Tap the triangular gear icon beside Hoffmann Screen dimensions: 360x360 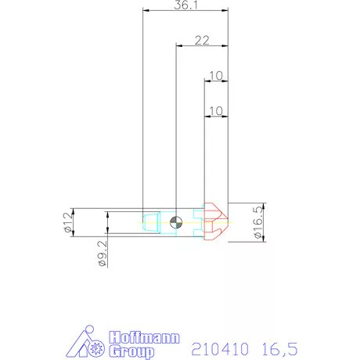pos(85,344)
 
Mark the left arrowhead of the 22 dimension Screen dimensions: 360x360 pos(177,46)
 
